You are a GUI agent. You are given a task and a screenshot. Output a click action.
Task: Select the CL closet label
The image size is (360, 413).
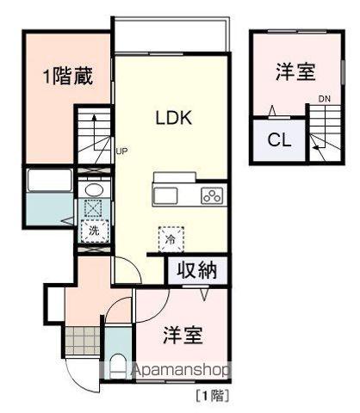point(277,140)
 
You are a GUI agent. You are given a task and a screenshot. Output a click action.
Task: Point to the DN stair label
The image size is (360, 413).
point(324,99)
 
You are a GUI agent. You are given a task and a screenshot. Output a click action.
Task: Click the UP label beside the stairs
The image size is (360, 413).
point(121,151)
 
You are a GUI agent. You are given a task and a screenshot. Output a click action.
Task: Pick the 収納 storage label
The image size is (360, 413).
point(196,270)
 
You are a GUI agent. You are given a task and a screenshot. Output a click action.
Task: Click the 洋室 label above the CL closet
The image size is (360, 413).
point(295,72)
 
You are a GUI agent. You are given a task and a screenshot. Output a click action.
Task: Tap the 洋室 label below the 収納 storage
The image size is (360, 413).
point(182,335)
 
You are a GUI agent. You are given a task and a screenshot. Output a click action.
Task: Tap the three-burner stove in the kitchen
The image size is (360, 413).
point(212,195)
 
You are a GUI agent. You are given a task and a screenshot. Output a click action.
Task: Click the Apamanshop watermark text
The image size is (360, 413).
point(172,371)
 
